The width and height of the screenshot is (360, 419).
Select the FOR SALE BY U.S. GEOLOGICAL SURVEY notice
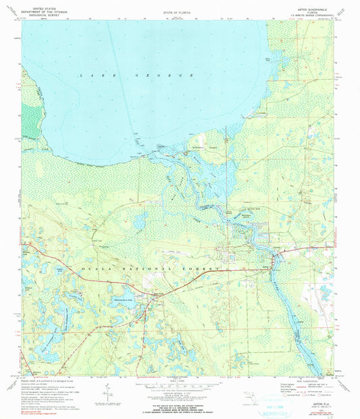point(180,401)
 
